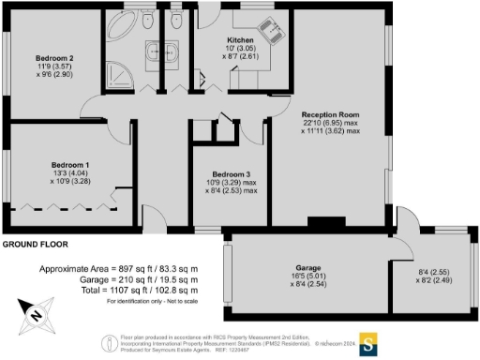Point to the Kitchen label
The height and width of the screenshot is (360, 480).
coord(240,41)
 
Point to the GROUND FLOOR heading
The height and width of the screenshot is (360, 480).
coord(37,244)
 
